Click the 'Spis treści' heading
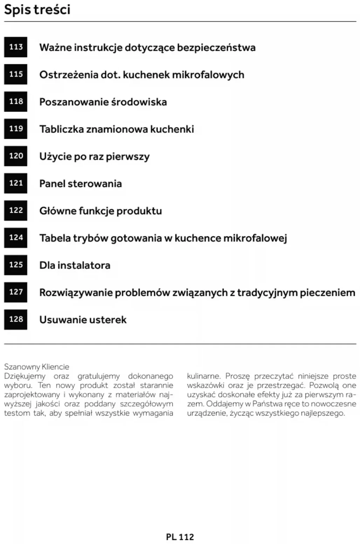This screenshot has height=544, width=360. point(37,9)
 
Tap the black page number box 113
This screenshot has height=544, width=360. point(16,47)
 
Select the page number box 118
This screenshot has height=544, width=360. point(16,101)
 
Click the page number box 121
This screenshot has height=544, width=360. point(16,183)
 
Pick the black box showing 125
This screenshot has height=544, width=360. point(16,265)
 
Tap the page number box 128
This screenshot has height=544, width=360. point(16,319)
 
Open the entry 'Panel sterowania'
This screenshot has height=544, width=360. point(81,184)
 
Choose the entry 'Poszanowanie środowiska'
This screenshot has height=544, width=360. point(103,102)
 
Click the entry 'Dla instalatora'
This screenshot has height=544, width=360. point(75,265)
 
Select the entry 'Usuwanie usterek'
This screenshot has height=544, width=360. point(83,320)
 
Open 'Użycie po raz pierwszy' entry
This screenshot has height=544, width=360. point(94,156)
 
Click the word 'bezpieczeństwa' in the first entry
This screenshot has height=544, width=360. point(216,48)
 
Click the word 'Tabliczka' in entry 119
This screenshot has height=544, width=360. point(61,129)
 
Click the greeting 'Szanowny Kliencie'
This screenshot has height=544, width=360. point(36,367)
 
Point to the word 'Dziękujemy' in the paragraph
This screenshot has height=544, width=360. point(25,376)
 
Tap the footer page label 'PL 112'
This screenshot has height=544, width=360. point(180,537)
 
